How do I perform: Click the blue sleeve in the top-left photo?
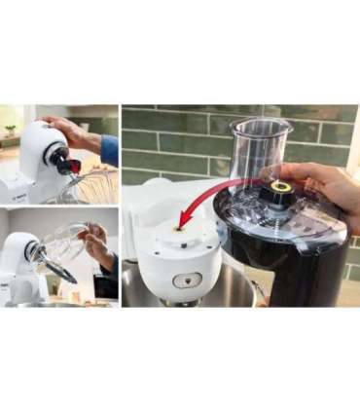(x=109, y=150)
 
